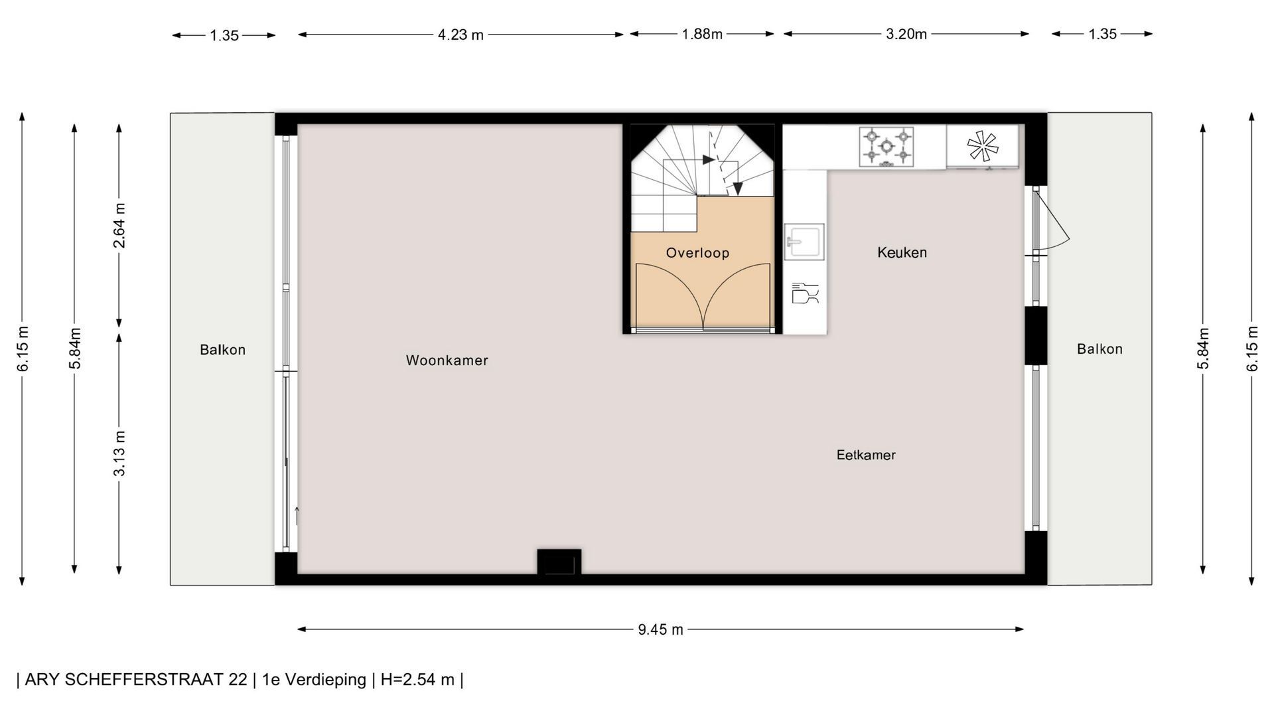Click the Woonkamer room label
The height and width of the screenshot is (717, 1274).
click(x=447, y=360)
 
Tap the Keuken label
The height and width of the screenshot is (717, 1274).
click(x=902, y=252)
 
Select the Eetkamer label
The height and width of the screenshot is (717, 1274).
click(x=866, y=455)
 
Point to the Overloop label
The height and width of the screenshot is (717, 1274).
click(x=697, y=253)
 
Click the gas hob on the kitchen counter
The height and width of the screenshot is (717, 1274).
click(x=886, y=147)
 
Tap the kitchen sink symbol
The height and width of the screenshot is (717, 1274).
click(x=804, y=242)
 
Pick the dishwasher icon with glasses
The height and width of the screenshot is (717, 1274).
click(x=806, y=293)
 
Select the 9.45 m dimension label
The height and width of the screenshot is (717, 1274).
click(x=660, y=629)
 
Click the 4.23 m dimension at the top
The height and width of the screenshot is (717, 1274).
click(x=460, y=35)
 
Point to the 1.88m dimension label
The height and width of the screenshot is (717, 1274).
click(x=702, y=34)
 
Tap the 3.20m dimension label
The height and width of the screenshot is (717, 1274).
click(x=906, y=34)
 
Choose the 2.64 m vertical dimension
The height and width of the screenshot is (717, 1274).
click(x=119, y=225)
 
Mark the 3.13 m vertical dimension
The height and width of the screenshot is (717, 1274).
click(x=119, y=453)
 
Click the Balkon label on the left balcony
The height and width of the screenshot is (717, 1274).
click(x=223, y=350)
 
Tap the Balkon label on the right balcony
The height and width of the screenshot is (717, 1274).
click(x=1099, y=349)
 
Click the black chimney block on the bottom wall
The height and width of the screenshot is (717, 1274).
click(x=559, y=562)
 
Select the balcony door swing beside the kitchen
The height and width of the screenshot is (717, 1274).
click(x=1052, y=220)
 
